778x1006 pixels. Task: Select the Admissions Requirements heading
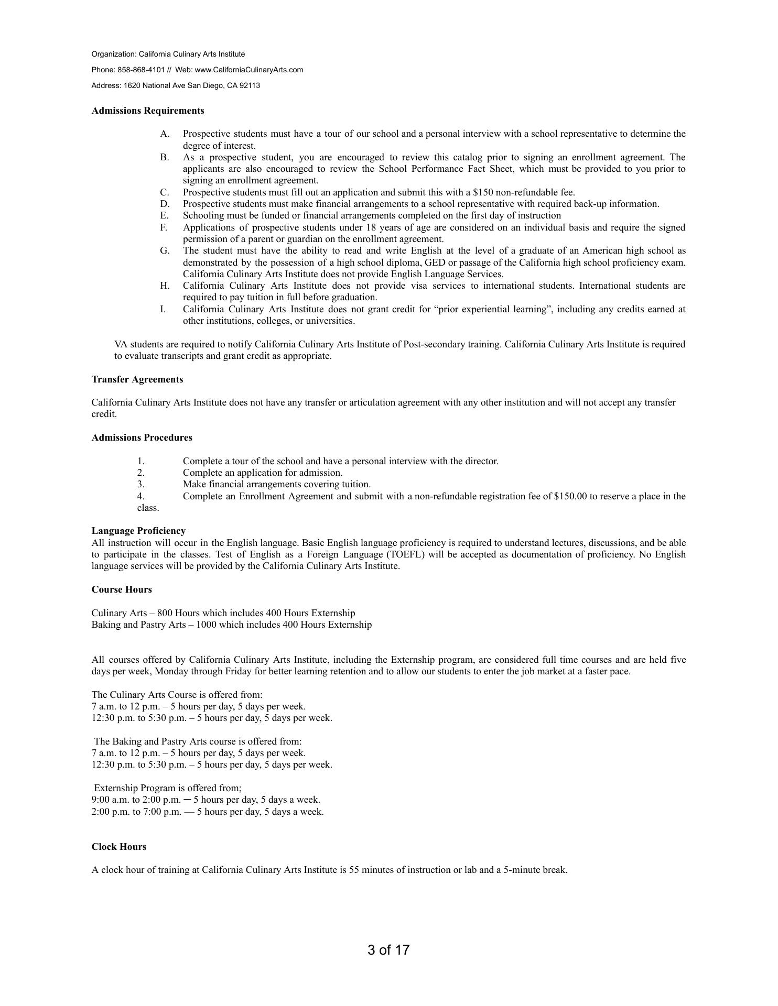tap(148, 111)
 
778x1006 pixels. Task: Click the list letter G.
tap(165, 250)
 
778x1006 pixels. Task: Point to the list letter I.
tap(163, 309)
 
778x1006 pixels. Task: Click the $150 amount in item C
tap(482, 192)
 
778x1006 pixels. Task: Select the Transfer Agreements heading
tap(137, 379)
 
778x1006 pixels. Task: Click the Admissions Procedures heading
tap(142, 438)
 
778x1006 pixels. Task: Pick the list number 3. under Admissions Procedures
tap(141, 484)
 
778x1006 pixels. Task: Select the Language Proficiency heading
tap(138, 531)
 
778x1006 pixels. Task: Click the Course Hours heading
tap(122, 589)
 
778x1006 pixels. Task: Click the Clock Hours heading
tap(119, 847)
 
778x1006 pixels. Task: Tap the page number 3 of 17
tap(388, 950)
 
